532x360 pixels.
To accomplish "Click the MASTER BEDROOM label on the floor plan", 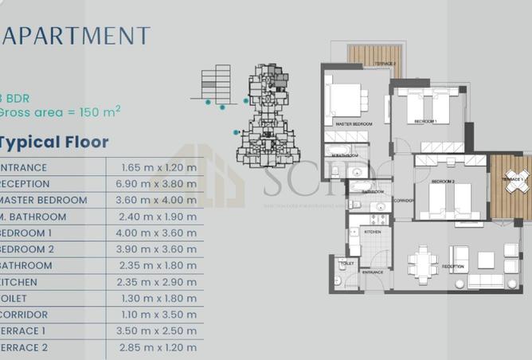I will point(354,125).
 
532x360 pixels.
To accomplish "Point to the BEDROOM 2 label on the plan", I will point(443,182).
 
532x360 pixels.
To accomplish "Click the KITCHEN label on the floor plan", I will point(372,232).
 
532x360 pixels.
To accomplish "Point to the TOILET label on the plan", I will point(346,262).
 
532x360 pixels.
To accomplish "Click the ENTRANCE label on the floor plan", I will point(373,272).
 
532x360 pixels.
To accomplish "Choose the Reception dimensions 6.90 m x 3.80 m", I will point(158,183).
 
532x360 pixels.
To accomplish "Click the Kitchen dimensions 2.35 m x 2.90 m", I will point(158,282).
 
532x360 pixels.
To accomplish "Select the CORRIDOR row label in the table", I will point(24,315).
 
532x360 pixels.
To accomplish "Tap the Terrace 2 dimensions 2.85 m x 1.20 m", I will point(158,347).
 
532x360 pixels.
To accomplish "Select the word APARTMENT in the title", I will point(76,36).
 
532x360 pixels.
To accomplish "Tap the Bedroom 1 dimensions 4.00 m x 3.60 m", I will point(158,233).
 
